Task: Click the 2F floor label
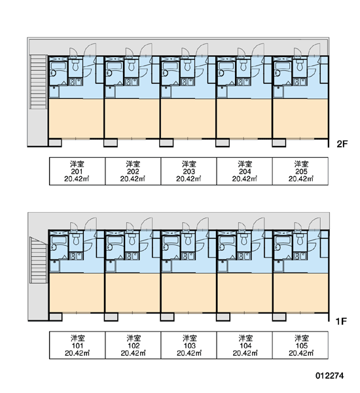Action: (342, 144)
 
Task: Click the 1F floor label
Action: (341, 321)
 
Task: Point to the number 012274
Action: (329, 375)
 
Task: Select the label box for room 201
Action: (77, 171)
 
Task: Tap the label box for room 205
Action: (300, 171)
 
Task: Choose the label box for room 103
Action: (189, 345)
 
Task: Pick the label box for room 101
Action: (77, 345)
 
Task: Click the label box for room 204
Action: (245, 171)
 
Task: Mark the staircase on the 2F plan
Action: (39, 82)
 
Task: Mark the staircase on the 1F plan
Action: (39, 260)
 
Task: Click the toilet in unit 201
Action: (75, 65)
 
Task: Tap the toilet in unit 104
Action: (243, 239)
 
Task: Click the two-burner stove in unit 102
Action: (132, 256)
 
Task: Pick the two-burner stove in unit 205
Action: (300, 82)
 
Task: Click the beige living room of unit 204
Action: (244, 118)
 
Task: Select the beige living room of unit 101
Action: (77, 293)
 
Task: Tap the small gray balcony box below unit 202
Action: (111, 143)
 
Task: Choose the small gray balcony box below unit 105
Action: (279, 317)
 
